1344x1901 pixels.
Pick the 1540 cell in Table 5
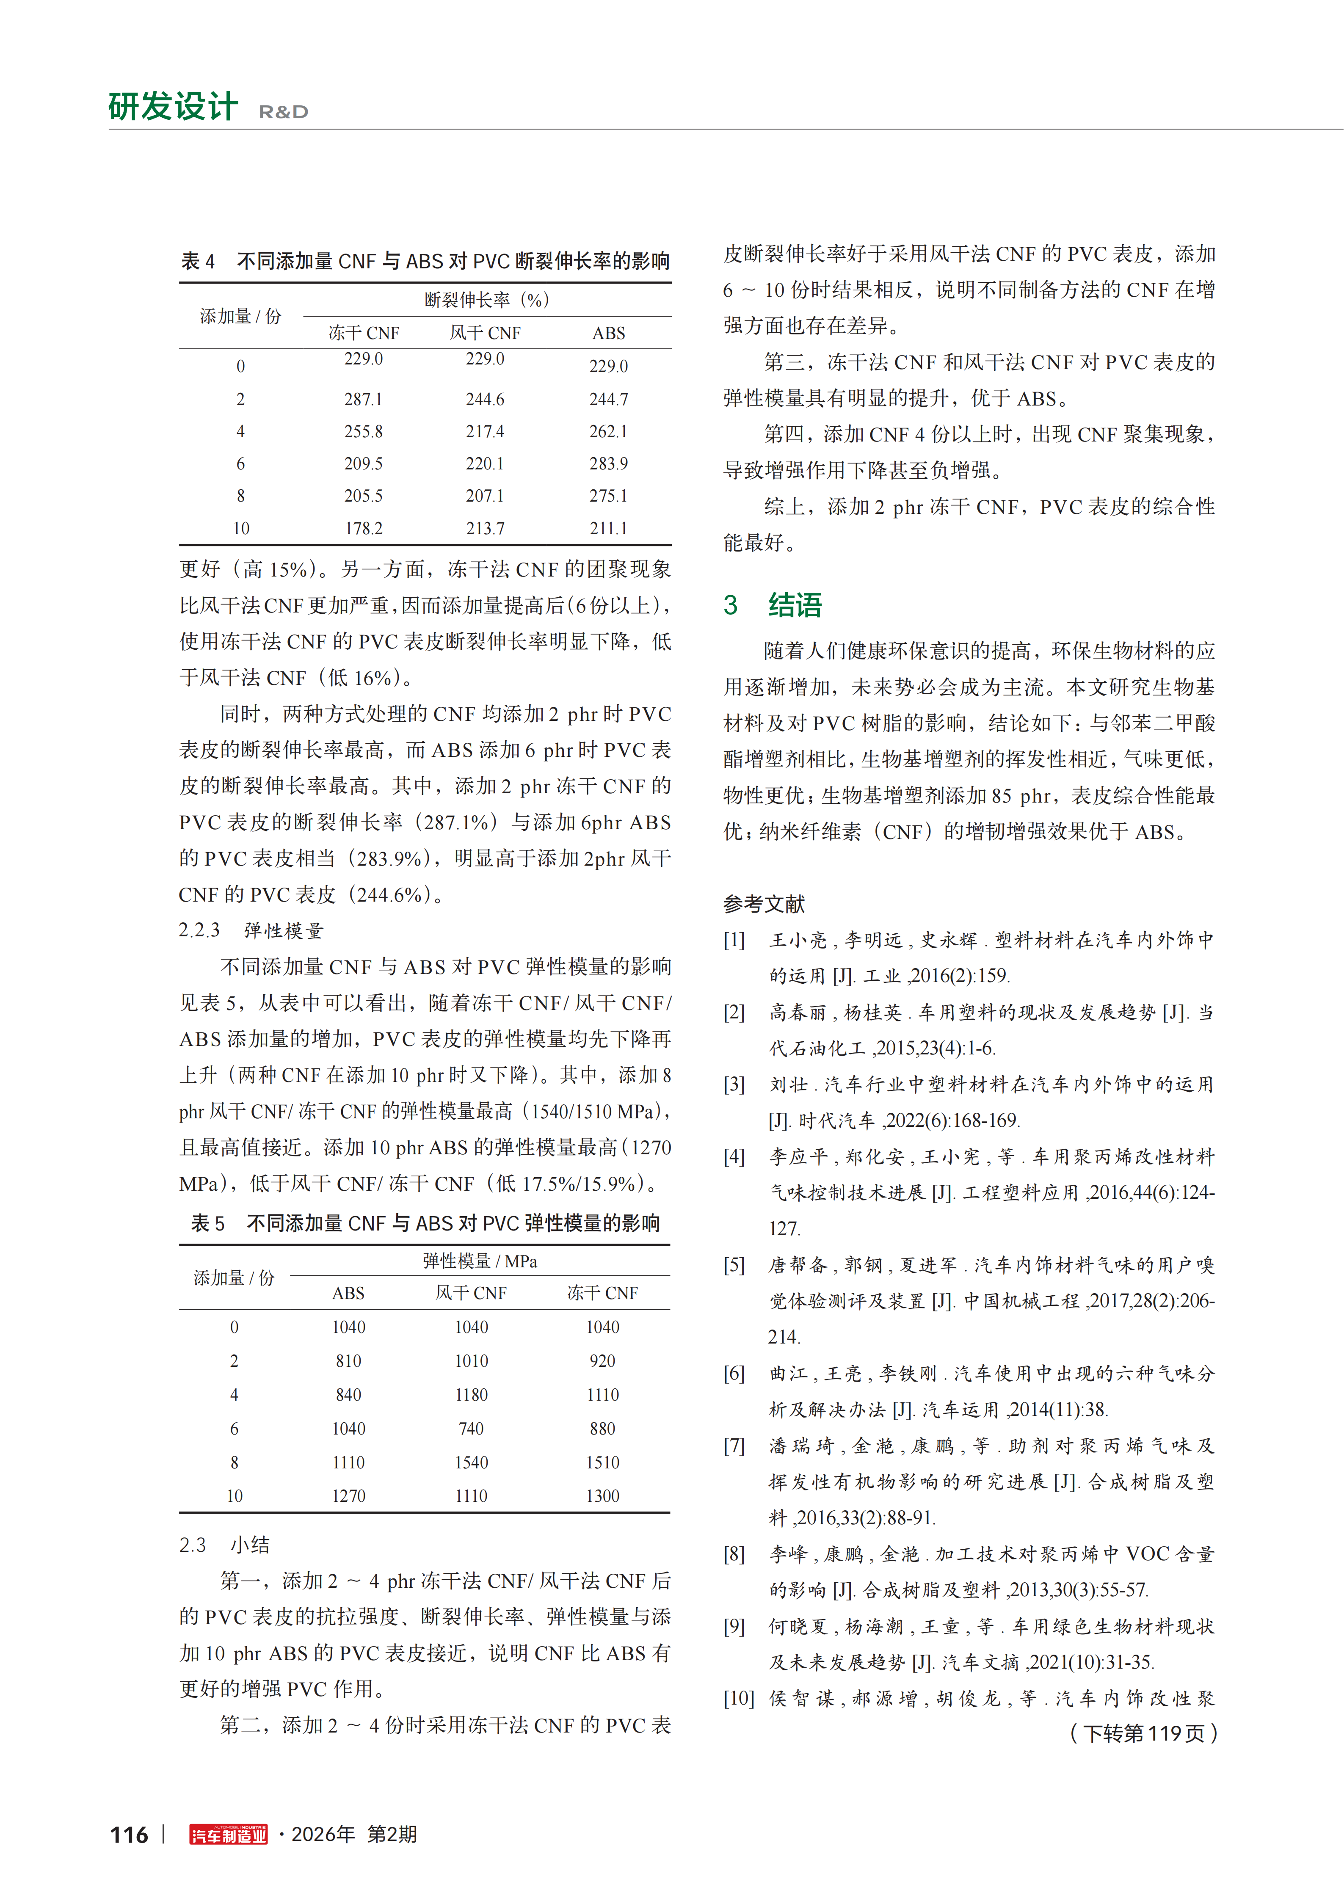tap(471, 1462)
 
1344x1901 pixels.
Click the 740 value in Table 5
tap(471, 1428)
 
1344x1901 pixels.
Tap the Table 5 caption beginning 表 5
tap(425, 1223)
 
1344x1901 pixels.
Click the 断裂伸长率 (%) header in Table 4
tap(487, 300)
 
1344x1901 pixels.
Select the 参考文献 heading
tap(764, 904)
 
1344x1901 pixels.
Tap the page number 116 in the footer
tap(129, 1835)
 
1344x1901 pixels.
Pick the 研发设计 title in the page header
tap(173, 107)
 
